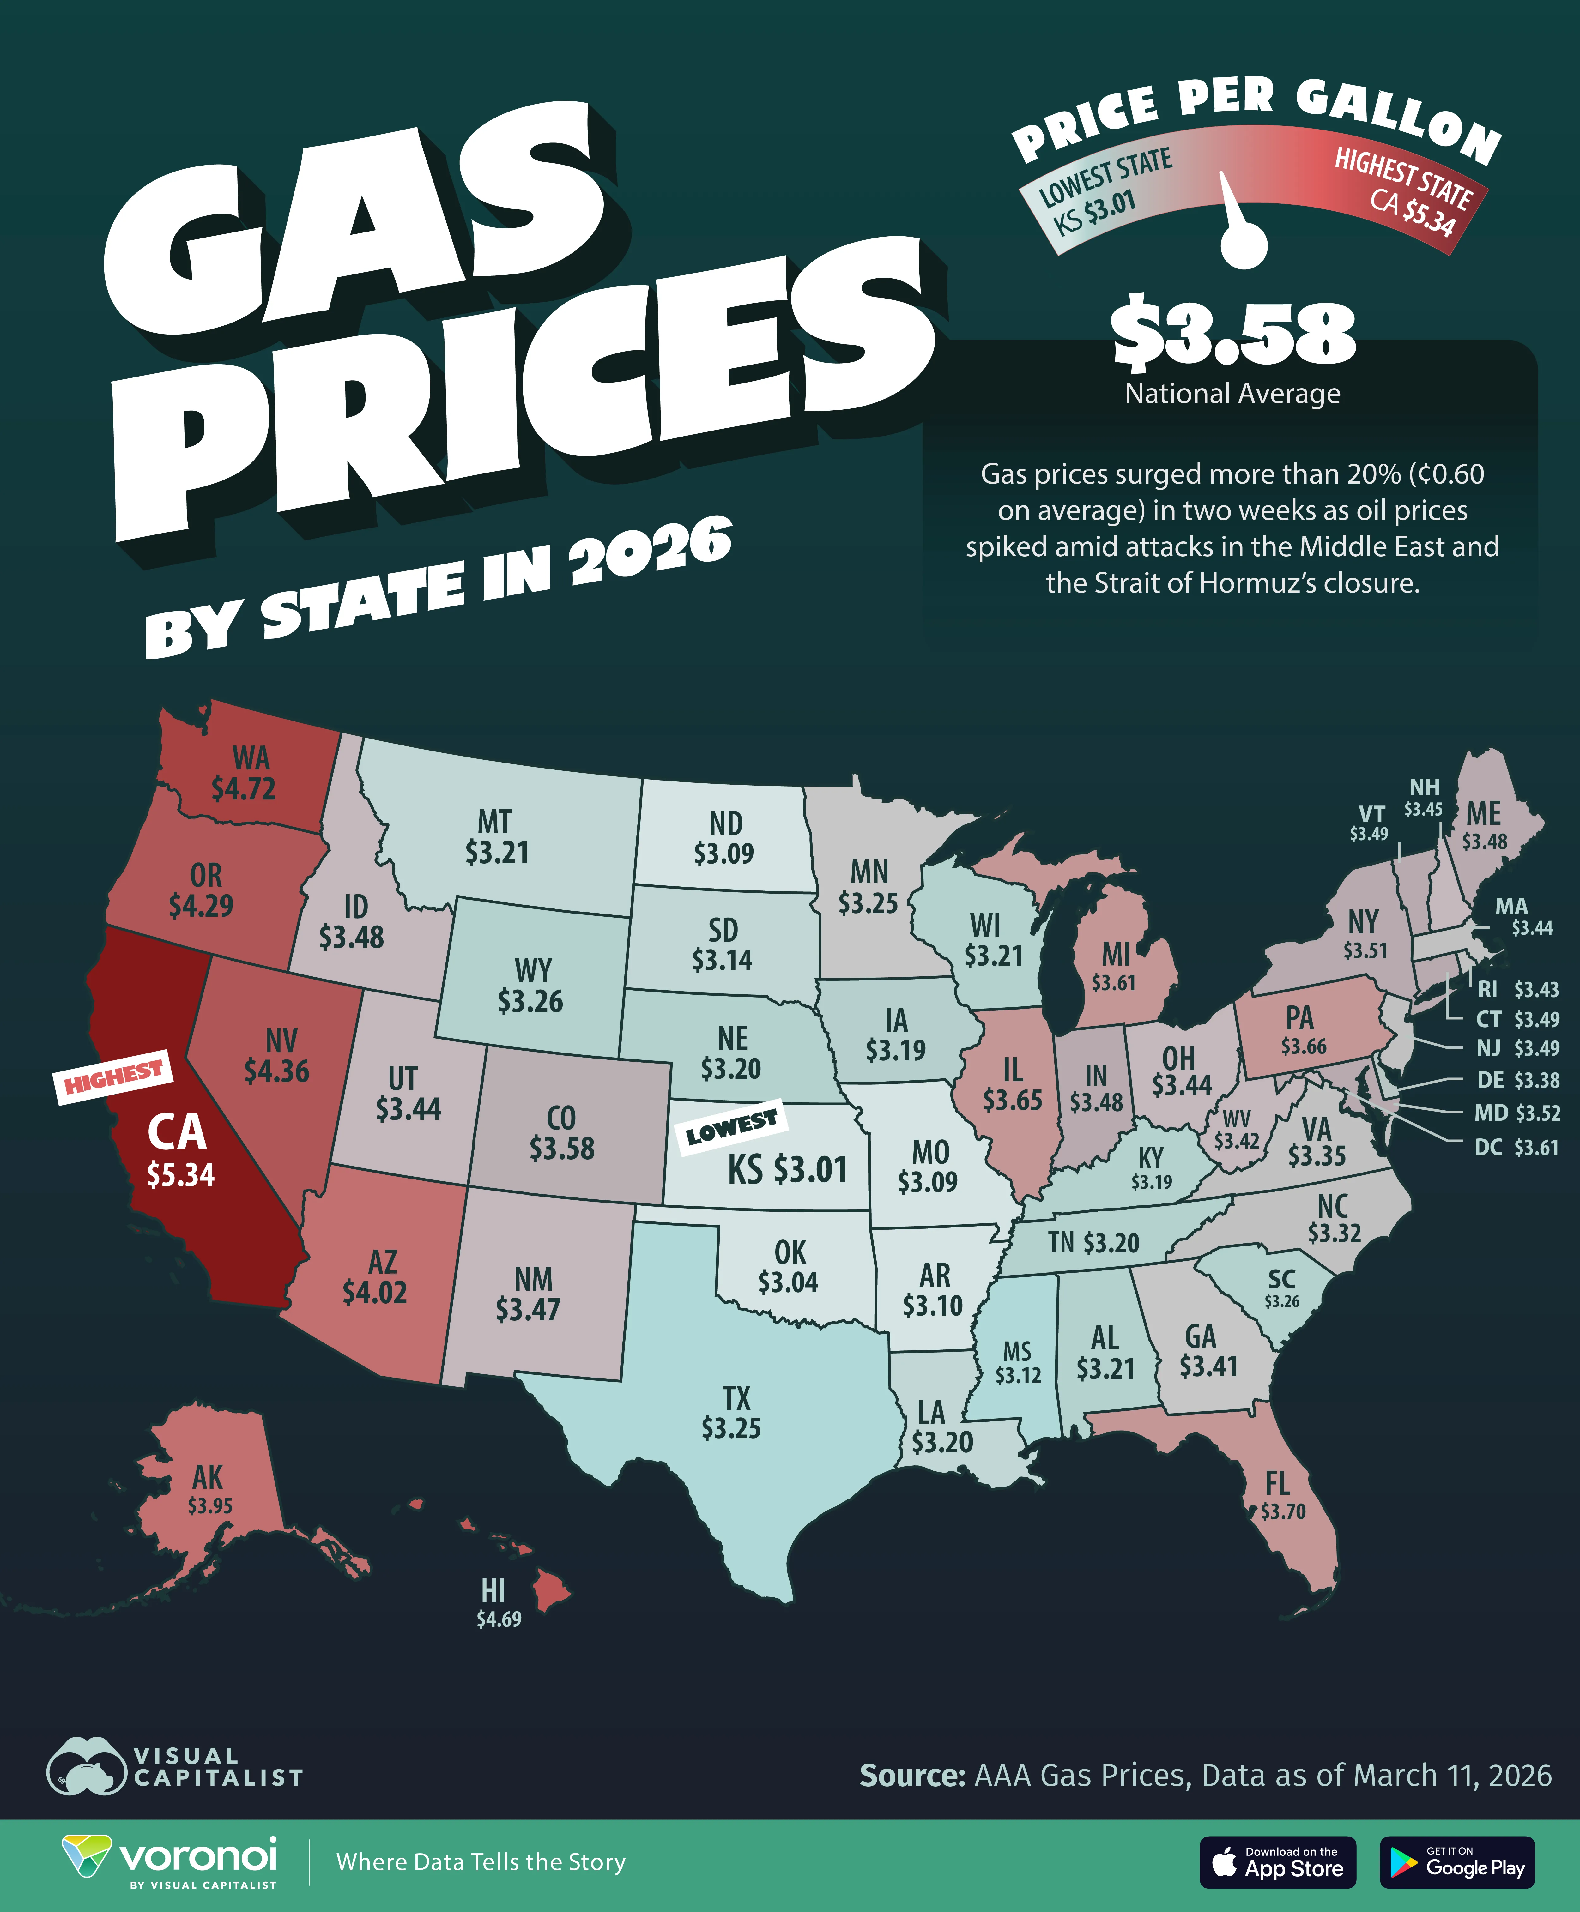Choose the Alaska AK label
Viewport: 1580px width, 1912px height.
(208, 1476)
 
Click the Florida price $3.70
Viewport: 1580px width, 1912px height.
(1283, 1511)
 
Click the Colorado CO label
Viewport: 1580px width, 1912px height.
(561, 1118)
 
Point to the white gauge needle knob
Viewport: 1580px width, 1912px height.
(1243, 246)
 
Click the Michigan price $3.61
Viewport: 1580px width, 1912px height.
(1114, 983)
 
